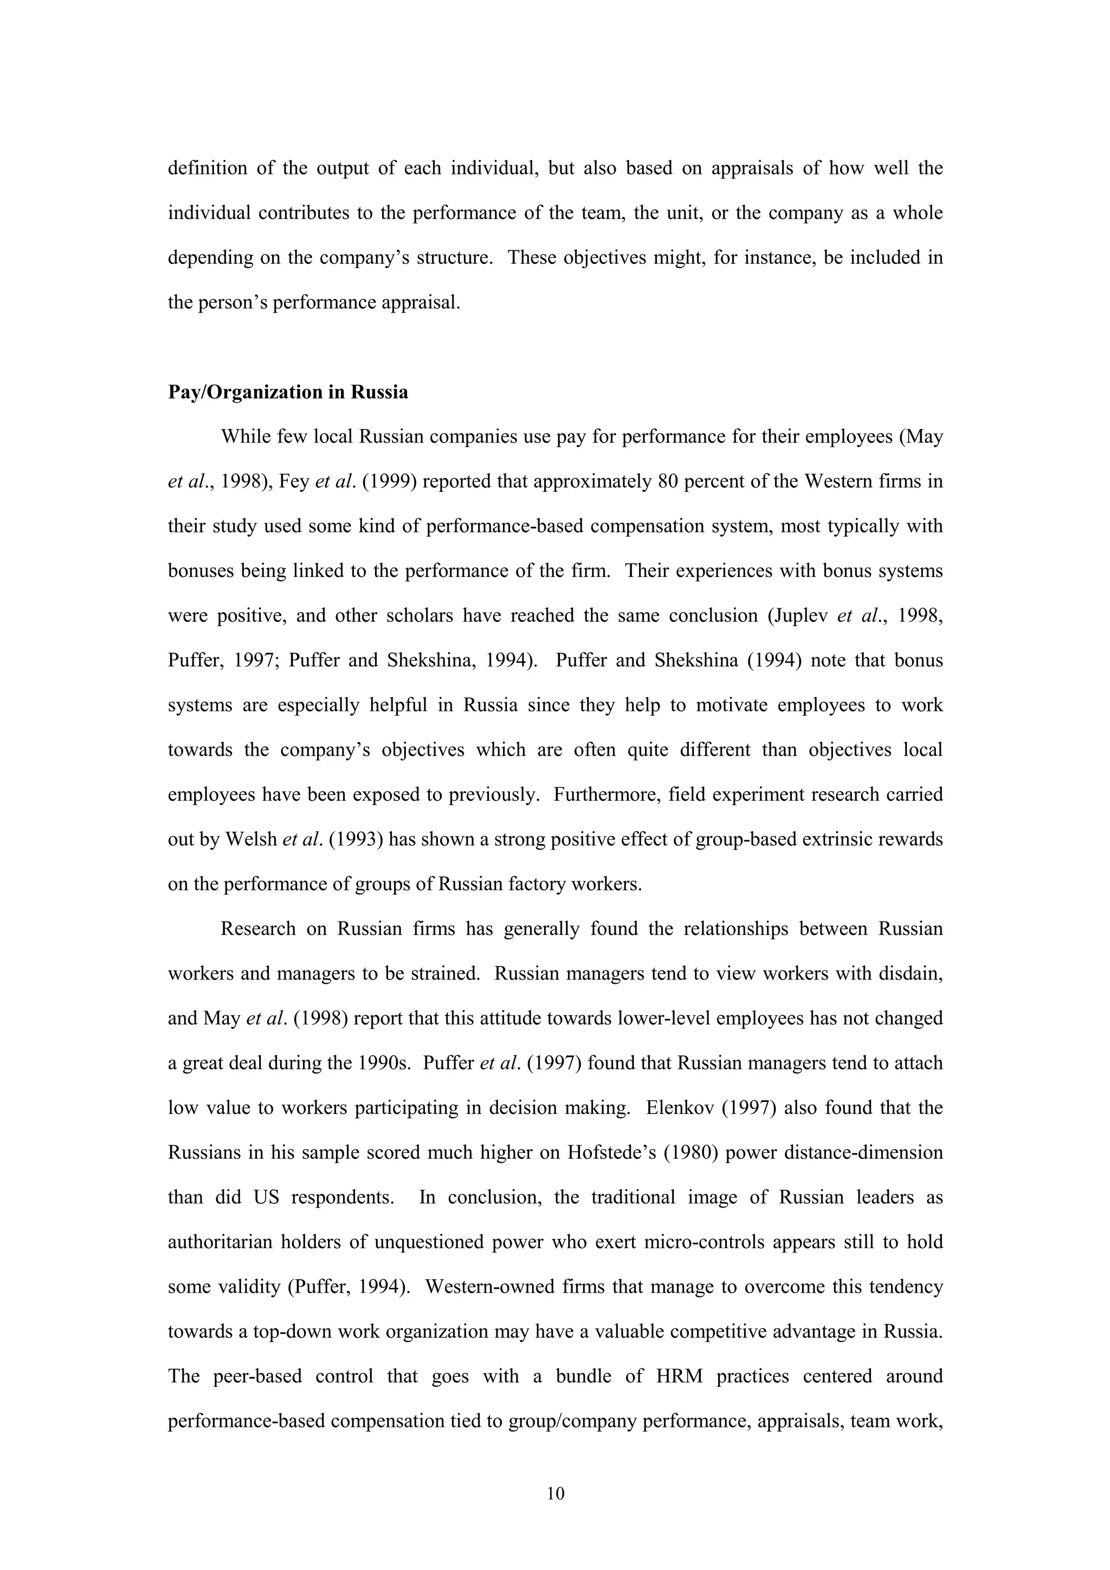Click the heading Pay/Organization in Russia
288,392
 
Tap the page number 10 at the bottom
556,1494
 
